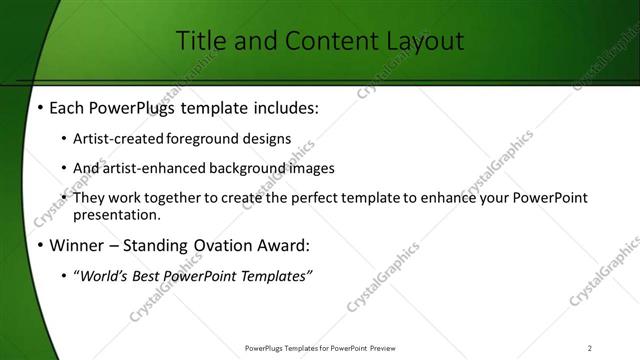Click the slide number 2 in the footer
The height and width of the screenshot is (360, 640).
click(590, 347)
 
